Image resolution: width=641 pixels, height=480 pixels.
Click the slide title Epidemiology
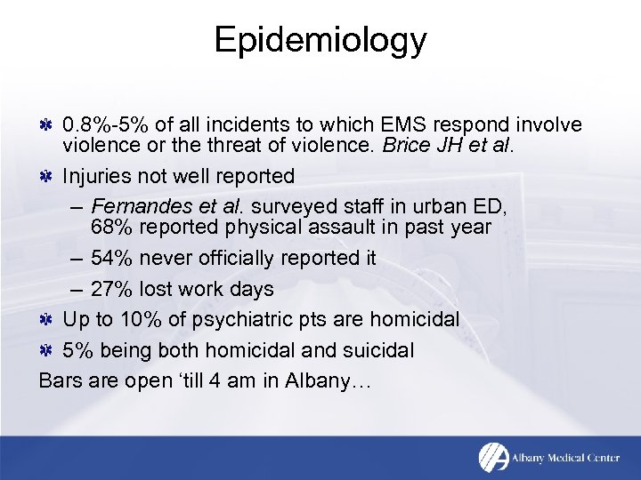320,40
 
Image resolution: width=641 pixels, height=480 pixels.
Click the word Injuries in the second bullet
96,177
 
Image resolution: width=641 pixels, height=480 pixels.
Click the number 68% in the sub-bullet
110,227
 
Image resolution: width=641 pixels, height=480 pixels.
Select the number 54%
110,258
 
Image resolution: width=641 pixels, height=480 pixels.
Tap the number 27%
110,289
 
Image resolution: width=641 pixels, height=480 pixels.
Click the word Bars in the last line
60,380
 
